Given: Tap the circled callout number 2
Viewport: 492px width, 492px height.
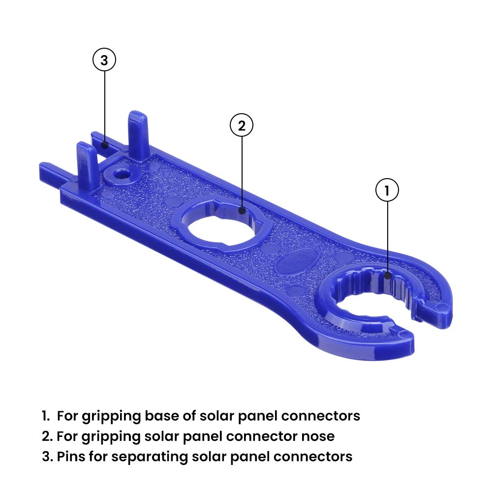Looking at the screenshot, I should [x=242, y=125].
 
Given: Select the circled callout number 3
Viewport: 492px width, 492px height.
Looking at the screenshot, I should [x=104, y=61].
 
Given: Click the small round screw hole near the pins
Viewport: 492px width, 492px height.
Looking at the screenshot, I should [x=119, y=174].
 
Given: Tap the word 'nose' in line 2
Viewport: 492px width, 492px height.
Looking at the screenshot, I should [x=318, y=436].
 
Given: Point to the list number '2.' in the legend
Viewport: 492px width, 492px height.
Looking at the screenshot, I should [x=47, y=436].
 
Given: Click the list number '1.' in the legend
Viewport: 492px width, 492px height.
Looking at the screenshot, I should [x=46, y=416].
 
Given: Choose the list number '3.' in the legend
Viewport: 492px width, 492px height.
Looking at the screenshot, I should [x=47, y=456].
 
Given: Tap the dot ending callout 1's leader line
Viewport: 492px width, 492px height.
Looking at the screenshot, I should [x=387, y=276].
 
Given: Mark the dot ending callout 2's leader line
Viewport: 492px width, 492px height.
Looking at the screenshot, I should [x=242, y=211].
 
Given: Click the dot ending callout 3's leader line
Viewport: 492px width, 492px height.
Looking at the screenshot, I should [x=104, y=145].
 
